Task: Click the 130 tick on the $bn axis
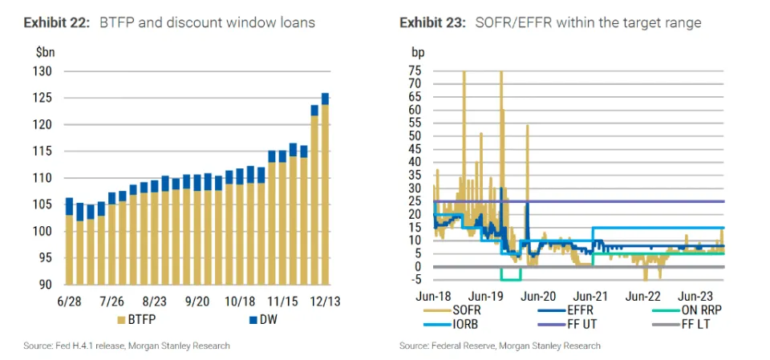click(x=42, y=71)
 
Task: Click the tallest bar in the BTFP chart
click(x=325, y=188)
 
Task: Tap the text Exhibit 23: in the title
click(x=432, y=22)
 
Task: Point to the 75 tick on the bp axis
click(x=415, y=70)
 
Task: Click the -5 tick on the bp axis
click(x=415, y=280)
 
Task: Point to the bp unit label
click(x=418, y=52)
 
